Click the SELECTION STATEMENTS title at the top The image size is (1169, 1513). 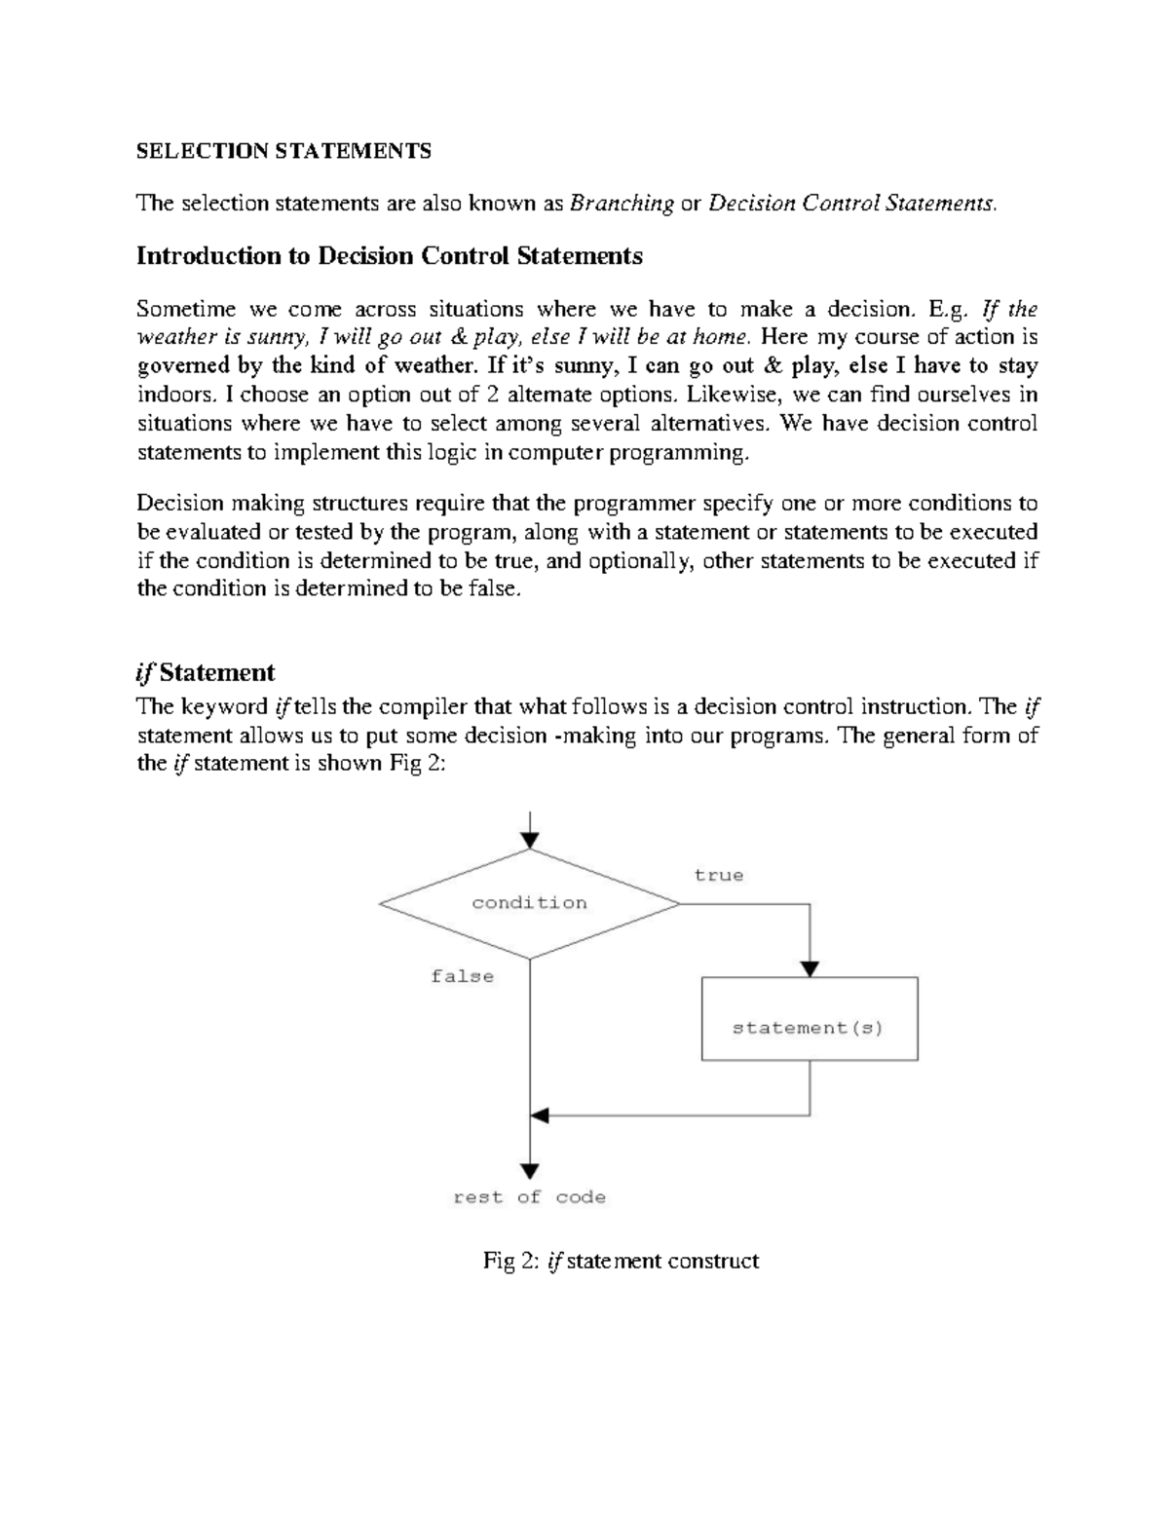point(283,151)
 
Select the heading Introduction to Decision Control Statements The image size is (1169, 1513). point(389,256)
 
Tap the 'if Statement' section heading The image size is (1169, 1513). point(206,672)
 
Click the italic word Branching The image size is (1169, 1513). point(622,204)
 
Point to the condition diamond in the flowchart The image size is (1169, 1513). point(529,903)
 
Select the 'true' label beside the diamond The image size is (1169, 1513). point(718,875)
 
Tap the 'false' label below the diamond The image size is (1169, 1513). point(462,976)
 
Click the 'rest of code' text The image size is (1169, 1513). point(529,1197)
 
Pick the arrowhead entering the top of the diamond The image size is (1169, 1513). point(529,839)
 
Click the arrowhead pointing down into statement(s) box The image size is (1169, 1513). point(810,968)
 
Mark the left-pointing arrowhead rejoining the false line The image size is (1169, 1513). point(540,1115)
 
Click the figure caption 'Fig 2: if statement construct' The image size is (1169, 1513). point(621,1261)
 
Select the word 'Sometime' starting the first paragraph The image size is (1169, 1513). point(186,309)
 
